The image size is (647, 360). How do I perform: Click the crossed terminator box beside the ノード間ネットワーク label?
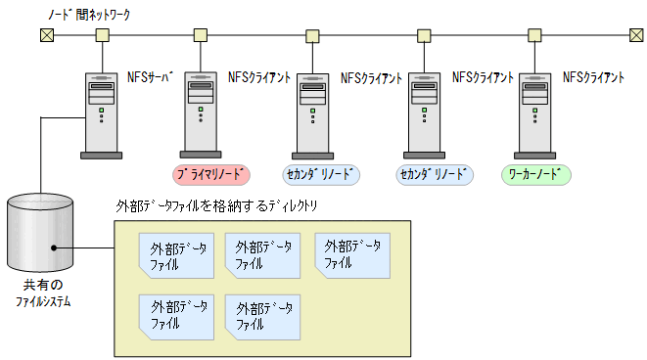pyautogui.click(x=45, y=36)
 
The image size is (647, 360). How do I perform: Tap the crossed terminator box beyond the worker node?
pyautogui.click(x=636, y=36)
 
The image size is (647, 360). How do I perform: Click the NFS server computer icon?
pyautogui.click(x=101, y=113)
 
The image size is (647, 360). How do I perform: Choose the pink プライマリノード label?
pyautogui.click(x=212, y=175)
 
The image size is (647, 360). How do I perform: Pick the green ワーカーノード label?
pyautogui.click(x=535, y=175)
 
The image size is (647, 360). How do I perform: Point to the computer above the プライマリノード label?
pyautogui.click(x=200, y=113)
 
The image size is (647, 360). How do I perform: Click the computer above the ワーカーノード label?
pyautogui.click(x=535, y=113)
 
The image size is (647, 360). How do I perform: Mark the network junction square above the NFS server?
pyautogui.click(x=101, y=36)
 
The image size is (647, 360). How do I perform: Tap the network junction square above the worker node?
pyautogui.click(x=535, y=36)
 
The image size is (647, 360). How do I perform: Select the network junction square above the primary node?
pyautogui.click(x=200, y=36)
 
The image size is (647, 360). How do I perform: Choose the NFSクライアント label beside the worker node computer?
pyautogui.click(x=594, y=77)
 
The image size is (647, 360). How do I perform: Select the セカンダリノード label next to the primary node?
pyautogui.click(x=322, y=175)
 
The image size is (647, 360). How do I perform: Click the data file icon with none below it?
pyautogui.click(x=352, y=255)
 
